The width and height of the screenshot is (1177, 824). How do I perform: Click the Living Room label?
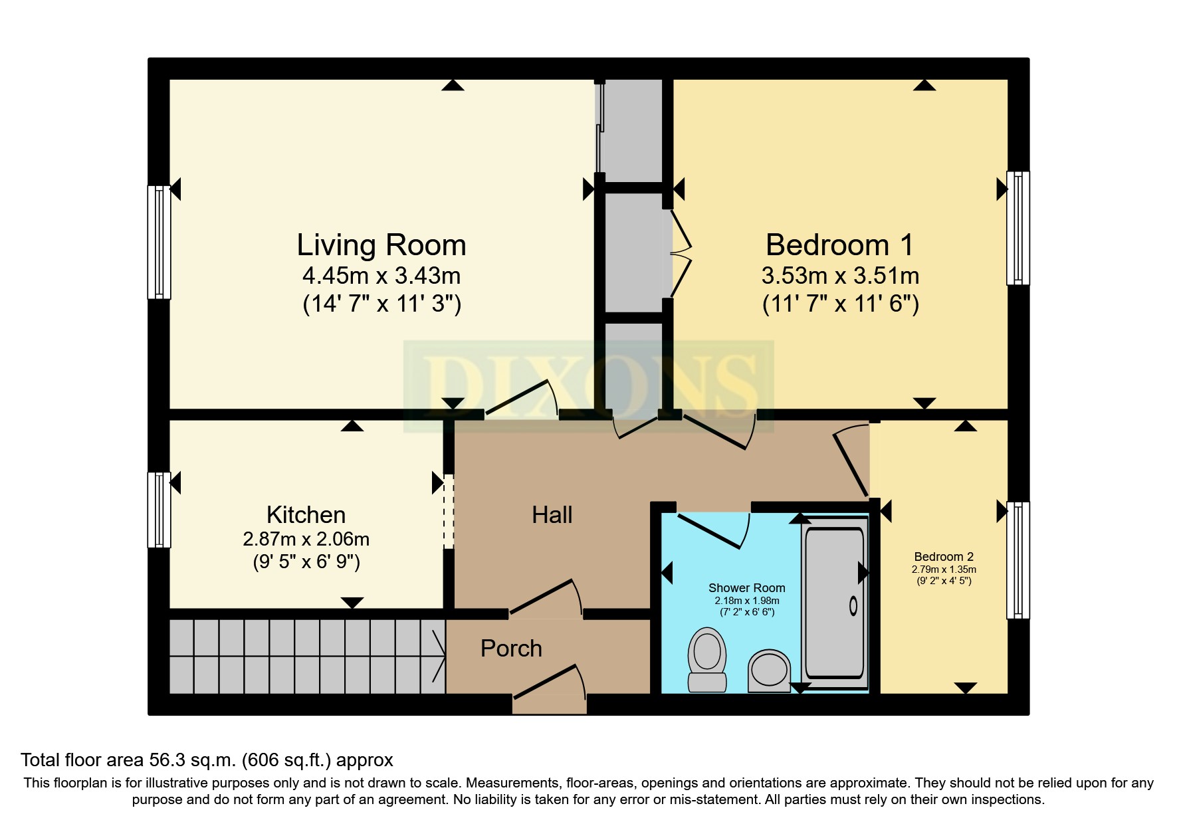coord(381,245)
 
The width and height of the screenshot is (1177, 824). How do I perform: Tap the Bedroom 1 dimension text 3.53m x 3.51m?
coord(840,276)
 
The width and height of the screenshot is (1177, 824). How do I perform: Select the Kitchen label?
coord(306,515)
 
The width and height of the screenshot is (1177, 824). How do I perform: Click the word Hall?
coord(552,515)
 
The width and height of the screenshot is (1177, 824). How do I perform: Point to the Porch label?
coord(511,649)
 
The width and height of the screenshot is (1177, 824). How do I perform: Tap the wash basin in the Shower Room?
coord(769,670)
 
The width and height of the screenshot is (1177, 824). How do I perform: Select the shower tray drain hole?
coord(853,605)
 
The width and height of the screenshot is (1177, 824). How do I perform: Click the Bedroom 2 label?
coord(943,557)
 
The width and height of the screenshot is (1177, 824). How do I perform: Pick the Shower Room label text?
coord(746,588)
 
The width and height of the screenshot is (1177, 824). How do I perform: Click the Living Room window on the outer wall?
coord(159,242)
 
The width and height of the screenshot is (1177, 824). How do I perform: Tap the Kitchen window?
coord(159,510)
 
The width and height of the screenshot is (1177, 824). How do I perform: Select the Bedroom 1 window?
coord(1017,228)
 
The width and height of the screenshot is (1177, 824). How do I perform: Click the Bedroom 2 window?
coord(1017,560)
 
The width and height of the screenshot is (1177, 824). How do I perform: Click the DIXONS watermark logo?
coord(588,385)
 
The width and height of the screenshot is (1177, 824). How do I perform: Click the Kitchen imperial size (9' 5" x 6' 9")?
coord(306,562)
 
